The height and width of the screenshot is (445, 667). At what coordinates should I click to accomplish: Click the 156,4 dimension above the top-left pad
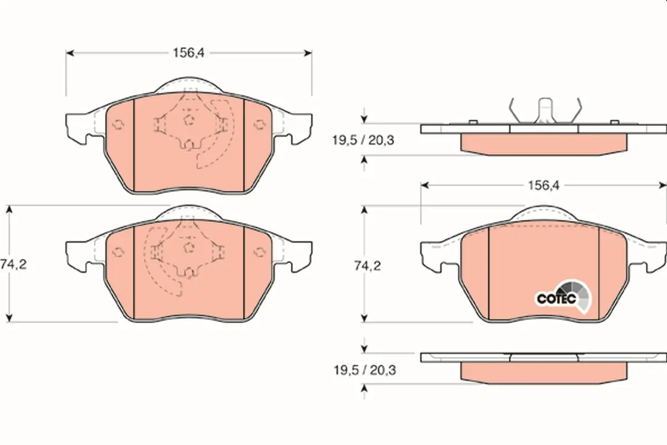(x=188, y=53)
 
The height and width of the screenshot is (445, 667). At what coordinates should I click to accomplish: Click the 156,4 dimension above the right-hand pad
(x=544, y=185)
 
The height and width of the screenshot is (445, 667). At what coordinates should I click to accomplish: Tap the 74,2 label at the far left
(x=13, y=264)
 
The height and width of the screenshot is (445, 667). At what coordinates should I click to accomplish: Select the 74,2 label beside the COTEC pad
(x=367, y=265)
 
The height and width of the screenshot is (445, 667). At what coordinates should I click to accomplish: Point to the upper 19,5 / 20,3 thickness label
(x=363, y=140)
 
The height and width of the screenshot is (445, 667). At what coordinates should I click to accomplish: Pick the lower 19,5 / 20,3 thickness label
(x=365, y=370)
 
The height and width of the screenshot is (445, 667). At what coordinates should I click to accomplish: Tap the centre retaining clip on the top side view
(x=545, y=111)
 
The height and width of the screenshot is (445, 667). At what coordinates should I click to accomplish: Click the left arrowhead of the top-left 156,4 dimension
(x=69, y=53)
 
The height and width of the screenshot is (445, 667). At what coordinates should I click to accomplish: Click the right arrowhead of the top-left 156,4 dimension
(x=308, y=53)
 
